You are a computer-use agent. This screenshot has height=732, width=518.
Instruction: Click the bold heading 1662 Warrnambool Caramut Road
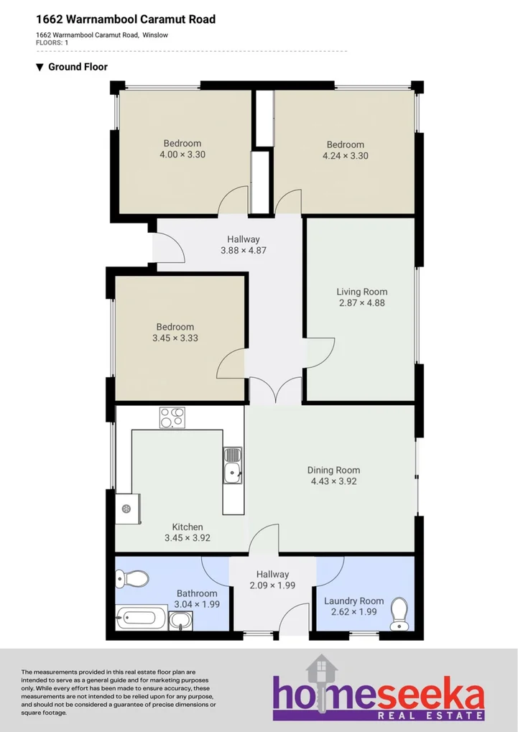pyautogui.click(x=126, y=19)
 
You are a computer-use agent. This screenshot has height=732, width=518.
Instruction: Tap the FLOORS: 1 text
pyautogui.click(x=52, y=43)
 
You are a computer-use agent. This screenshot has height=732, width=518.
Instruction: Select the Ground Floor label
pyautogui.click(x=78, y=67)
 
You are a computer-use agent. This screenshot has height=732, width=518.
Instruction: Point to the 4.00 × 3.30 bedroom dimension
pyautogui.click(x=182, y=154)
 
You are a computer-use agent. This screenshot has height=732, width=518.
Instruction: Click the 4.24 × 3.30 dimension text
pyautogui.click(x=345, y=155)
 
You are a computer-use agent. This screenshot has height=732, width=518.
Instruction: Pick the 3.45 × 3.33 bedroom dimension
pyautogui.click(x=175, y=338)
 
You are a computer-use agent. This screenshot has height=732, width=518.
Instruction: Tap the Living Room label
pyautogui.click(x=362, y=292)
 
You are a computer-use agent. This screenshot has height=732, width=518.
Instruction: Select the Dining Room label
pyautogui.click(x=333, y=471)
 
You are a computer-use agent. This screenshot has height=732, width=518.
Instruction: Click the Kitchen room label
pyautogui.click(x=187, y=527)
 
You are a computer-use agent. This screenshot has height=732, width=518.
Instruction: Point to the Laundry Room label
pyautogui.click(x=353, y=601)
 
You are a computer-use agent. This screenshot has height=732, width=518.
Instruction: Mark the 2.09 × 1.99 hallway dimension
pyautogui.click(x=272, y=585)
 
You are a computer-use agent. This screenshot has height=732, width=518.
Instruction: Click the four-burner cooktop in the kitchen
pyautogui.click(x=172, y=417)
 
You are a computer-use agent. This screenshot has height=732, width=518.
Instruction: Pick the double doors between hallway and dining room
pyautogui.click(x=275, y=392)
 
